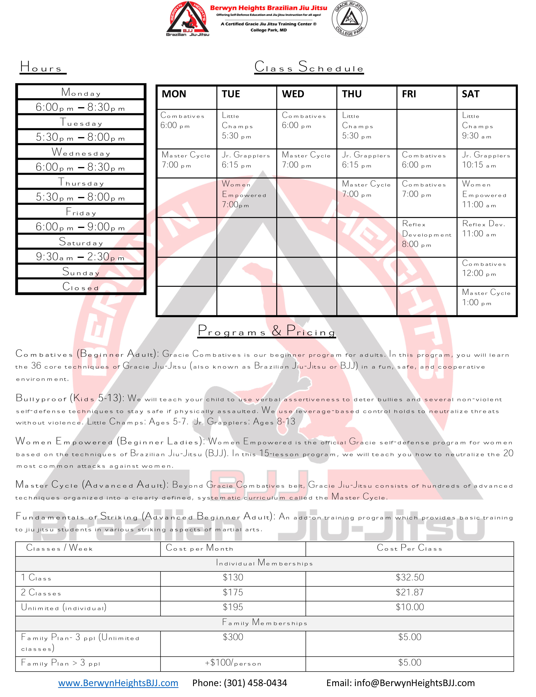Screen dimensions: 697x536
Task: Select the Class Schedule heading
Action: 309,67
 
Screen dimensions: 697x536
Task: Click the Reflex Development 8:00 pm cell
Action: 426,234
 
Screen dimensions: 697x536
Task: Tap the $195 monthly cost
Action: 233,607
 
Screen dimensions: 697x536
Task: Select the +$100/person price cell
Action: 233,663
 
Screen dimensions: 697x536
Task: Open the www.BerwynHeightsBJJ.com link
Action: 118,683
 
